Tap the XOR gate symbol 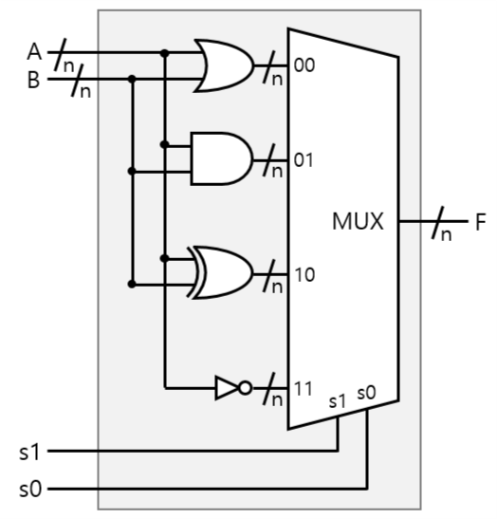[x=224, y=273]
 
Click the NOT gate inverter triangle [x=228, y=387]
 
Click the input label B [x=33, y=80]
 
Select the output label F [x=480, y=223]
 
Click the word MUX [x=358, y=223]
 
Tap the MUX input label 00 [x=304, y=66]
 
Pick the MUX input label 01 [x=304, y=158]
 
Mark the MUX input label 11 [x=304, y=388]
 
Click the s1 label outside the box [x=29, y=451]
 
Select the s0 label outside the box [x=29, y=490]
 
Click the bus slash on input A [x=63, y=54]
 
